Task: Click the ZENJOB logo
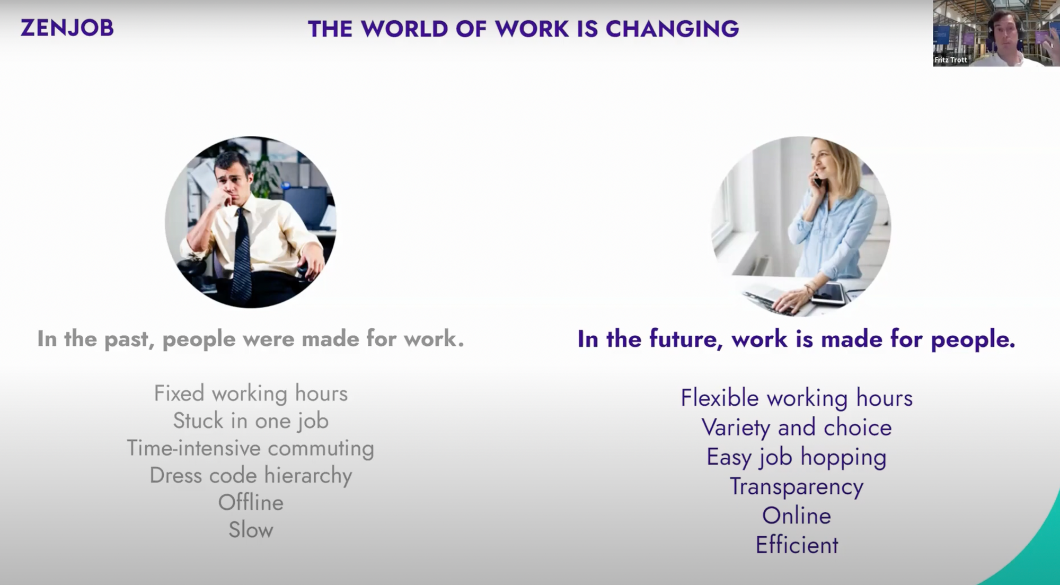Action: click(67, 28)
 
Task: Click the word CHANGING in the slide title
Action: click(672, 29)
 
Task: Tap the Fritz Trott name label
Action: click(951, 60)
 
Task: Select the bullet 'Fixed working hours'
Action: click(251, 394)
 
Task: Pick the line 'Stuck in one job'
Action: click(251, 421)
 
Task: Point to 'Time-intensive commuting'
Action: click(251, 448)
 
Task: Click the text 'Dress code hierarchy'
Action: click(251, 476)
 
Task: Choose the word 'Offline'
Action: click(251, 502)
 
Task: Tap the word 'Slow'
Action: click(251, 530)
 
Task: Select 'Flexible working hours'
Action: click(797, 398)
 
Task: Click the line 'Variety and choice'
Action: click(797, 427)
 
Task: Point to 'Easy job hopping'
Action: click(797, 457)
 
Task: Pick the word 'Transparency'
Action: click(797, 487)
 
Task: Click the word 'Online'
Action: click(797, 516)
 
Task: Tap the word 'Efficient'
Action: click(797, 545)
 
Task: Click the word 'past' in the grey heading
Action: click(129, 339)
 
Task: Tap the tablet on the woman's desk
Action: click(828, 293)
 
